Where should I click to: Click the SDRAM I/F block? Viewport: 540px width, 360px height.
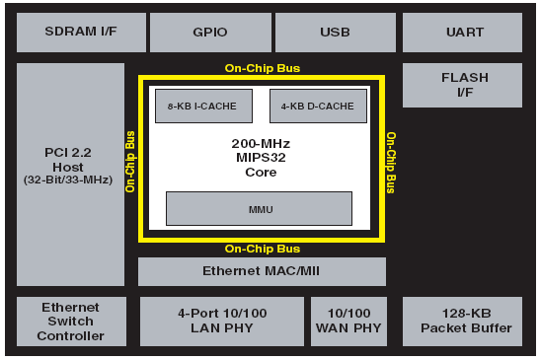tap(81, 33)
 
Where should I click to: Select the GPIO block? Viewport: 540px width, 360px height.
tap(210, 33)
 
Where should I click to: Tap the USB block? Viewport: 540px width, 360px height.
tap(336, 33)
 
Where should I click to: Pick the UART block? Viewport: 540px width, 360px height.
tap(462, 33)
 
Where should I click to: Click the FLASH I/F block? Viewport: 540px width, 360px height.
tap(462, 85)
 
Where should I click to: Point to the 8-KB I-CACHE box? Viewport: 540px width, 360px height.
tap(203, 106)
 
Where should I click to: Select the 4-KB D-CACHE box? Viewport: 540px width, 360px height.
tap(318, 106)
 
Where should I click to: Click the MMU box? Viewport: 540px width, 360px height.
tap(259, 208)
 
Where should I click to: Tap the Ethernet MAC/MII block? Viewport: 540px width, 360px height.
tap(262, 271)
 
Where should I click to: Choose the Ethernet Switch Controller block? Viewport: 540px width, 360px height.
tap(71, 322)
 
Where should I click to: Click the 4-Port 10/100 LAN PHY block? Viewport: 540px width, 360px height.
tap(222, 322)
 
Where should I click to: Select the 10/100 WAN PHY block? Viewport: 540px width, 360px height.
tap(348, 322)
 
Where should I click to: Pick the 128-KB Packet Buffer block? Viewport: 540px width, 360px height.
tap(462, 322)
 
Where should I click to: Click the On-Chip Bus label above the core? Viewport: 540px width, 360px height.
tap(263, 68)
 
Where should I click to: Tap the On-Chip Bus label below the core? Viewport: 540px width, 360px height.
tap(263, 249)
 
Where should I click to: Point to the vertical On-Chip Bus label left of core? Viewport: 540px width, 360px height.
tap(130, 162)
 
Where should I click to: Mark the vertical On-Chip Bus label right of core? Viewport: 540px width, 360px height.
tap(391, 163)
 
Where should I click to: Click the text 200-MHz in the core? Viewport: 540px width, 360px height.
tap(261, 144)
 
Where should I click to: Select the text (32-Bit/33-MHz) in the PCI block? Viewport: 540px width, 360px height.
tap(68, 180)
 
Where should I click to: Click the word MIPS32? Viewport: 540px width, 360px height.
tap(261, 158)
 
